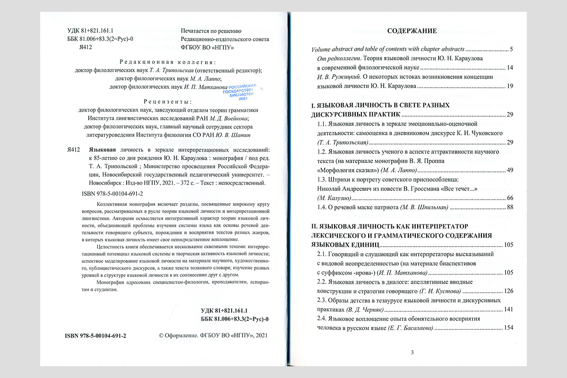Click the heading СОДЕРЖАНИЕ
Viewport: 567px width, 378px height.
tap(412, 31)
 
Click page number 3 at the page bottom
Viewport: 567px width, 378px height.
tap(412, 352)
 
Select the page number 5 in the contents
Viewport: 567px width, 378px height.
tap(510, 49)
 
